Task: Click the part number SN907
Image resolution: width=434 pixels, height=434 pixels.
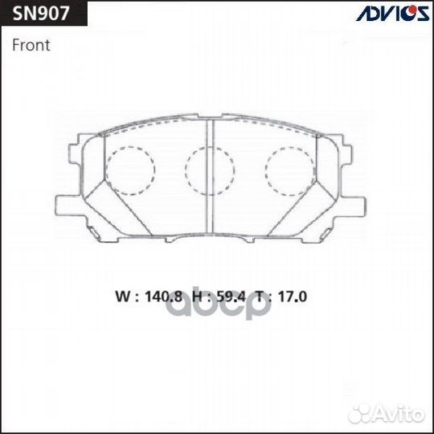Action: (x=41, y=14)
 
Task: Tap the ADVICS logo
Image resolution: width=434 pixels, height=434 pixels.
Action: (x=393, y=13)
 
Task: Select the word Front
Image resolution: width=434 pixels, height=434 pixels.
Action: (x=31, y=45)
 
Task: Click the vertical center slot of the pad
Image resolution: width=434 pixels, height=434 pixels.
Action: (x=210, y=176)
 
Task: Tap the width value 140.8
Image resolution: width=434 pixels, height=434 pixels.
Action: (x=164, y=297)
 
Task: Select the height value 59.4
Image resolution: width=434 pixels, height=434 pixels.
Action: (x=231, y=297)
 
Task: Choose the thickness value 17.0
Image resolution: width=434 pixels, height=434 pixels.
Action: (x=293, y=297)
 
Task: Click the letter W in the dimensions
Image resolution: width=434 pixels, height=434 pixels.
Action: (x=123, y=297)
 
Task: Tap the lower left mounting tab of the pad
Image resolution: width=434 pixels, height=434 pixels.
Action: (x=70, y=206)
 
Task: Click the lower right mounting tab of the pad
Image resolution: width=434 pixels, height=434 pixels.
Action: (x=351, y=206)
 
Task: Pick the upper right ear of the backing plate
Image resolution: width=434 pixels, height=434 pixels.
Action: (x=346, y=154)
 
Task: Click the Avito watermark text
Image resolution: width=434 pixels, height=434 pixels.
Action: (x=399, y=415)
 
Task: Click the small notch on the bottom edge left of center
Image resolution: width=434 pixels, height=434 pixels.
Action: (x=170, y=240)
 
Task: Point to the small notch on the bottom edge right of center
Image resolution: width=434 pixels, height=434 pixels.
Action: (x=249, y=240)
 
